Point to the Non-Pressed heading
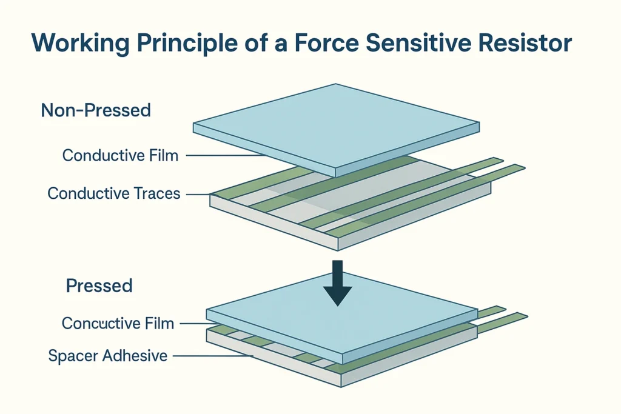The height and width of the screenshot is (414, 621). pos(96,111)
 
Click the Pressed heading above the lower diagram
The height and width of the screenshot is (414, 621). pos(99,286)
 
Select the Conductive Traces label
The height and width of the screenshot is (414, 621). pos(113,194)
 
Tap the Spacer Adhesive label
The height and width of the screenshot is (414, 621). pos(107,356)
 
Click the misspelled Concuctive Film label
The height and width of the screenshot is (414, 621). pos(118,324)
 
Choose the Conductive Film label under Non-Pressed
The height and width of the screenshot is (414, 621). pos(120,156)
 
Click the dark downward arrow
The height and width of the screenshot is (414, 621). pos(338,282)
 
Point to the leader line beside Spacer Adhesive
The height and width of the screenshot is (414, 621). pos(212,356)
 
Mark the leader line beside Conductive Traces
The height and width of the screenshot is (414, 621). pos(198,195)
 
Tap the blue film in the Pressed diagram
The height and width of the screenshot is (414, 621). pos(340,321)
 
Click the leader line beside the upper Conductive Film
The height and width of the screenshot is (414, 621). pos(224,156)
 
